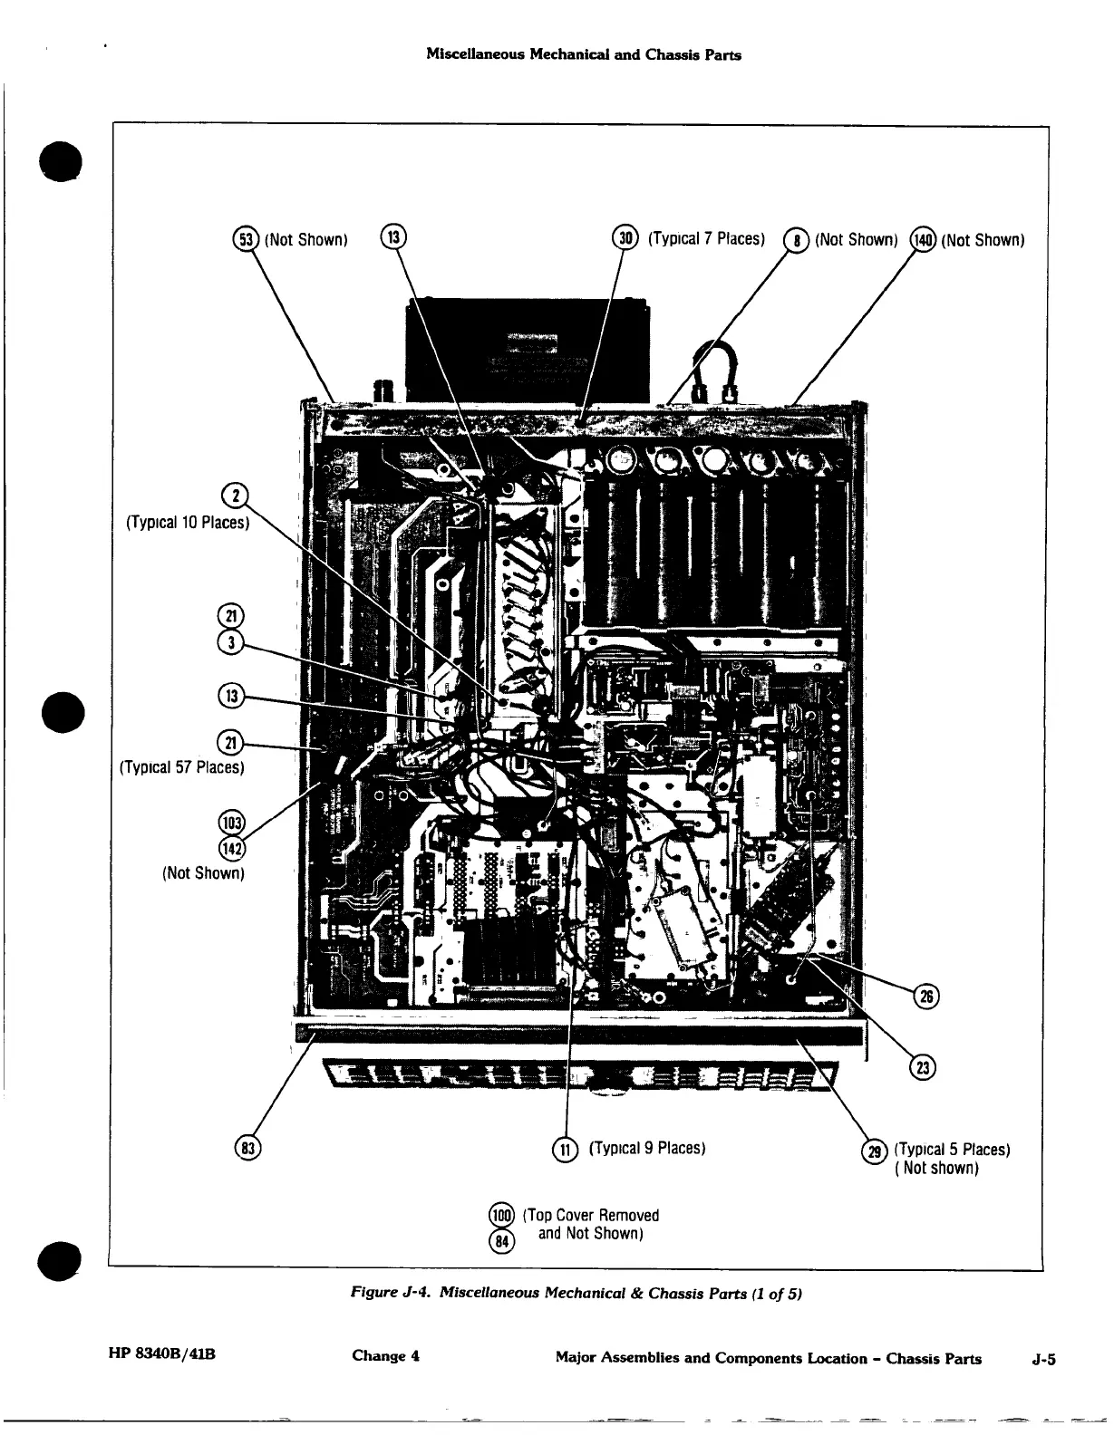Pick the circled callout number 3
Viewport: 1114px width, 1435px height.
point(230,641)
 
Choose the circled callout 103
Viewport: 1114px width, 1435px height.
point(231,823)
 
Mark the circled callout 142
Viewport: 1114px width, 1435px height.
point(231,847)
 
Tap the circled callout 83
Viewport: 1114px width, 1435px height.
point(247,1148)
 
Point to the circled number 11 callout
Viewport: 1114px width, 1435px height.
point(564,1150)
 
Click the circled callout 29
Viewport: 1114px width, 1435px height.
point(875,1151)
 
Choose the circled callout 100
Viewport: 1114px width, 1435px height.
point(501,1215)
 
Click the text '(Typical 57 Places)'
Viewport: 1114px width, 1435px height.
point(182,767)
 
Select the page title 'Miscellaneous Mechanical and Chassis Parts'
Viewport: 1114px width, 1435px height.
point(583,54)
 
